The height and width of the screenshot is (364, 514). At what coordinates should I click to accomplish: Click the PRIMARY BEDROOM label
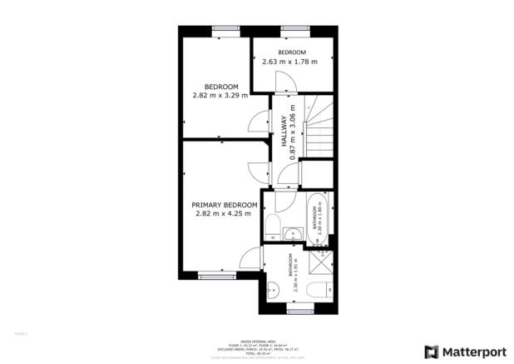pyautogui.click(x=224, y=204)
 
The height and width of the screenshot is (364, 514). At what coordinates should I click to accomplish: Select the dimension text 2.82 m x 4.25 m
pyautogui.click(x=224, y=214)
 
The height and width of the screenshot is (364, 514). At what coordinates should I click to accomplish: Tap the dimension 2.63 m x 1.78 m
pyautogui.click(x=289, y=62)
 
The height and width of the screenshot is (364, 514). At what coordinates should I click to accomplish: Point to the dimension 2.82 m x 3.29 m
pyautogui.click(x=221, y=96)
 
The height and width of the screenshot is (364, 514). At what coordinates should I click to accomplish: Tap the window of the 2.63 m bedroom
pyautogui.click(x=294, y=28)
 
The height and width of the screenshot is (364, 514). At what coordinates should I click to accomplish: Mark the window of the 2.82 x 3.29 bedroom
pyautogui.click(x=225, y=28)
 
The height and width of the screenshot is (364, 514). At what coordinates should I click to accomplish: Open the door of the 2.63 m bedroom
pyautogui.click(x=283, y=82)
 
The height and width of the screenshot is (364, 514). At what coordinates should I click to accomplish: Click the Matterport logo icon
pyautogui.click(x=431, y=352)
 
